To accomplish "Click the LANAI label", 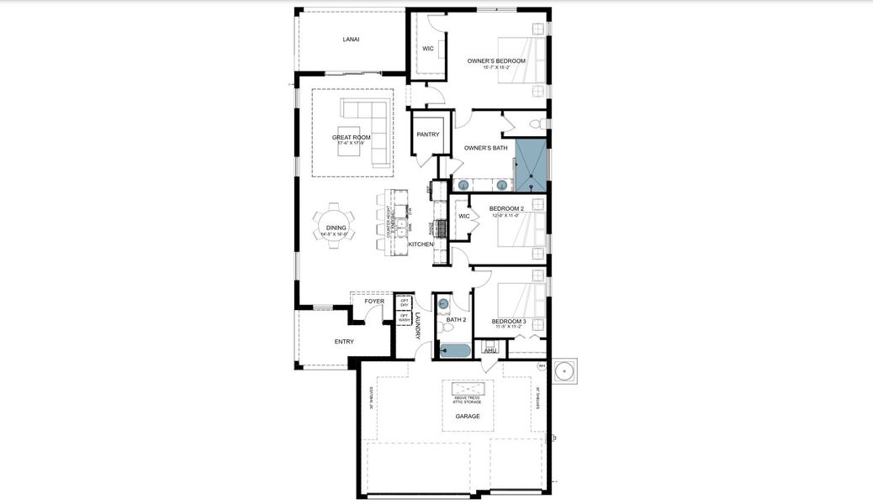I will coord(351,39).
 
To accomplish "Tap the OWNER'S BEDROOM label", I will coord(496,61).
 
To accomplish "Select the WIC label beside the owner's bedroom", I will coord(428,49).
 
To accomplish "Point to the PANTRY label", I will coord(428,134).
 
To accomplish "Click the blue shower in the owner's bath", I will coord(531,165).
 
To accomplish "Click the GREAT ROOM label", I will coord(351,138).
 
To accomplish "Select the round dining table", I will coord(335,228).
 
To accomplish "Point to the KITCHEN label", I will coord(421,244).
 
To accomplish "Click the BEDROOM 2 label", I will coord(506,208).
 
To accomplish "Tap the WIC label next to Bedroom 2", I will coord(463,216).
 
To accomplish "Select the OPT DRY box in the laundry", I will coord(405,302).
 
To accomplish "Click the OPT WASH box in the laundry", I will coord(405,318).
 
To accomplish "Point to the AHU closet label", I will coord(489,350).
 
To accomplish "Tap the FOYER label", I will coord(374,301).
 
